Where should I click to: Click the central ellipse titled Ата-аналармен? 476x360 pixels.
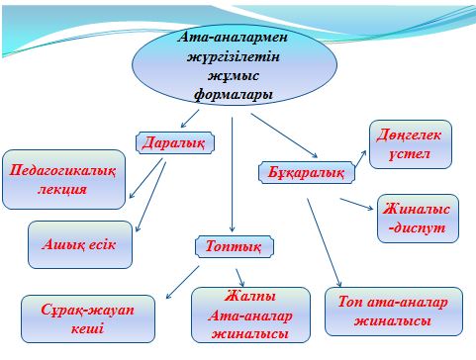coord(229,65)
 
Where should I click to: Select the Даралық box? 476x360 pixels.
coord(174,142)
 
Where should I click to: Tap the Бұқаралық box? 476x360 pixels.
coord(307,172)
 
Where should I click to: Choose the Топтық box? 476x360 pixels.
coord(234,245)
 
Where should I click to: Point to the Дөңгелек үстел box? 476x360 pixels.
coord(411,144)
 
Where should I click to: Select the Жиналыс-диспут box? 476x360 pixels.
coord(418,219)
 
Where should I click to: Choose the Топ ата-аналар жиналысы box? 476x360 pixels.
coord(393,312)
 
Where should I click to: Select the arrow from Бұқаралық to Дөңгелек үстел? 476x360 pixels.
coord(343,143)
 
